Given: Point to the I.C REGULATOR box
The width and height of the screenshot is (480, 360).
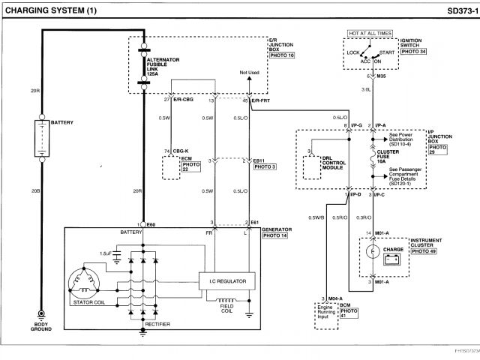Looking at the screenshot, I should click(x=227, y=281).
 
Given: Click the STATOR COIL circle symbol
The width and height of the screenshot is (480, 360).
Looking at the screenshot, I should click(x=84, y=283).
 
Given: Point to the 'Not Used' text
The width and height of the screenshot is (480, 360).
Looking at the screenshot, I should click(x=249, y=73).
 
